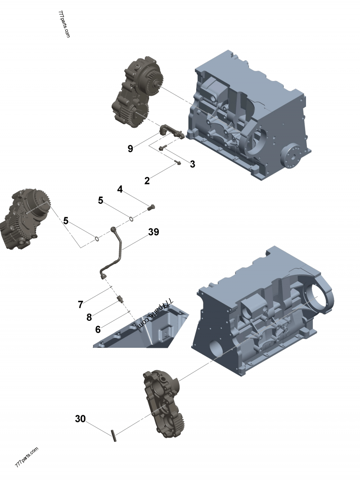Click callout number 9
pyautogui.click(x=130, y=149)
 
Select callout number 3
pyautogui.click(x=193, y=164)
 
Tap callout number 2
pyautogui.click(x=147, y=181)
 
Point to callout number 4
pyautogui.click(x=120, y=189)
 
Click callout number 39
pyautogui.click(x=153, y=232)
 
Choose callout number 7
pyautogui.click(x=81, y=305)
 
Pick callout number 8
pyautogui.click(x=89, y=317)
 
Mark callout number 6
pyautogui.click(x=98, y=329)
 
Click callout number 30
pyautogui.click(x=80, y=419)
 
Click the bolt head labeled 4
pyautogui.click(x=151, y=207)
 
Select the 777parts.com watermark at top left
pyautogui.click(x=64, y=24)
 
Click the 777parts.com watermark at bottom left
pyautogui.click(x=27, y=458)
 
